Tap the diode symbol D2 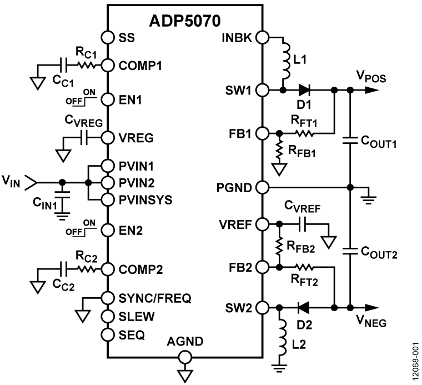tap(303, 306)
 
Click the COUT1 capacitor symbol tap(350, 139)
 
